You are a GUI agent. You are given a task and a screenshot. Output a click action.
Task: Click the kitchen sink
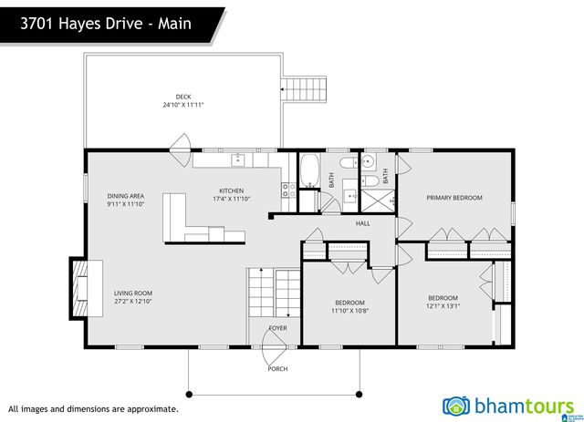(239, 160)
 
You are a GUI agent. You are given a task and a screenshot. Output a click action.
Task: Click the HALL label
(362, 223)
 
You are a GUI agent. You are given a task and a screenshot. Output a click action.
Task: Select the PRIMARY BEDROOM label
(454, 198)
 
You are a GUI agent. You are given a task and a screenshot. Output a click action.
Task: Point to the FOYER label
(277, 328)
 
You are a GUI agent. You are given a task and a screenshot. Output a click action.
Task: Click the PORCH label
(276, 369)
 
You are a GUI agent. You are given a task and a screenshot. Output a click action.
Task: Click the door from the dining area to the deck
(182, 142)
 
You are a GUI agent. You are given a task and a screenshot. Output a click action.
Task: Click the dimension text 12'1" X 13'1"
(443, 306)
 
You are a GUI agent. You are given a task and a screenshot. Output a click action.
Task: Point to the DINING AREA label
(125, 196)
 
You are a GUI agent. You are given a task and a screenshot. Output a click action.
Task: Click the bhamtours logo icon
(456, 406)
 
